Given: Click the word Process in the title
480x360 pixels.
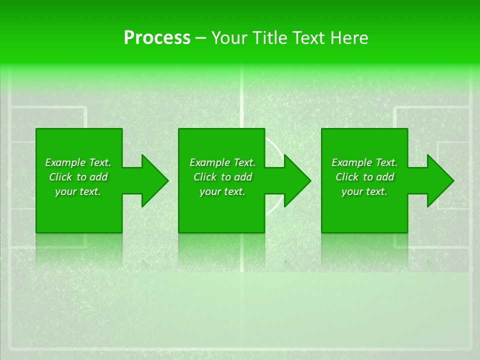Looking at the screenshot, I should (157, 37).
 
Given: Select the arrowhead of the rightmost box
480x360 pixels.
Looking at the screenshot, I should (439, 181).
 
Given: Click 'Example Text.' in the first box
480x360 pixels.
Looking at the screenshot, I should (78, 162).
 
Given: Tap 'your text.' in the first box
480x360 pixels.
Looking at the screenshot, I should (78, 191).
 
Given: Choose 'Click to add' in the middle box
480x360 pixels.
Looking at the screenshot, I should (222, 177).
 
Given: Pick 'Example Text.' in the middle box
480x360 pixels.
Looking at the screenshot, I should (222, 162).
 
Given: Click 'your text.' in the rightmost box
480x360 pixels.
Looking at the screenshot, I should (364, 191).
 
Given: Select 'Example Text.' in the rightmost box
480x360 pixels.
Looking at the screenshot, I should (364, 162).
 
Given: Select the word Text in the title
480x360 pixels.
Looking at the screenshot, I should (307, 37).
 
